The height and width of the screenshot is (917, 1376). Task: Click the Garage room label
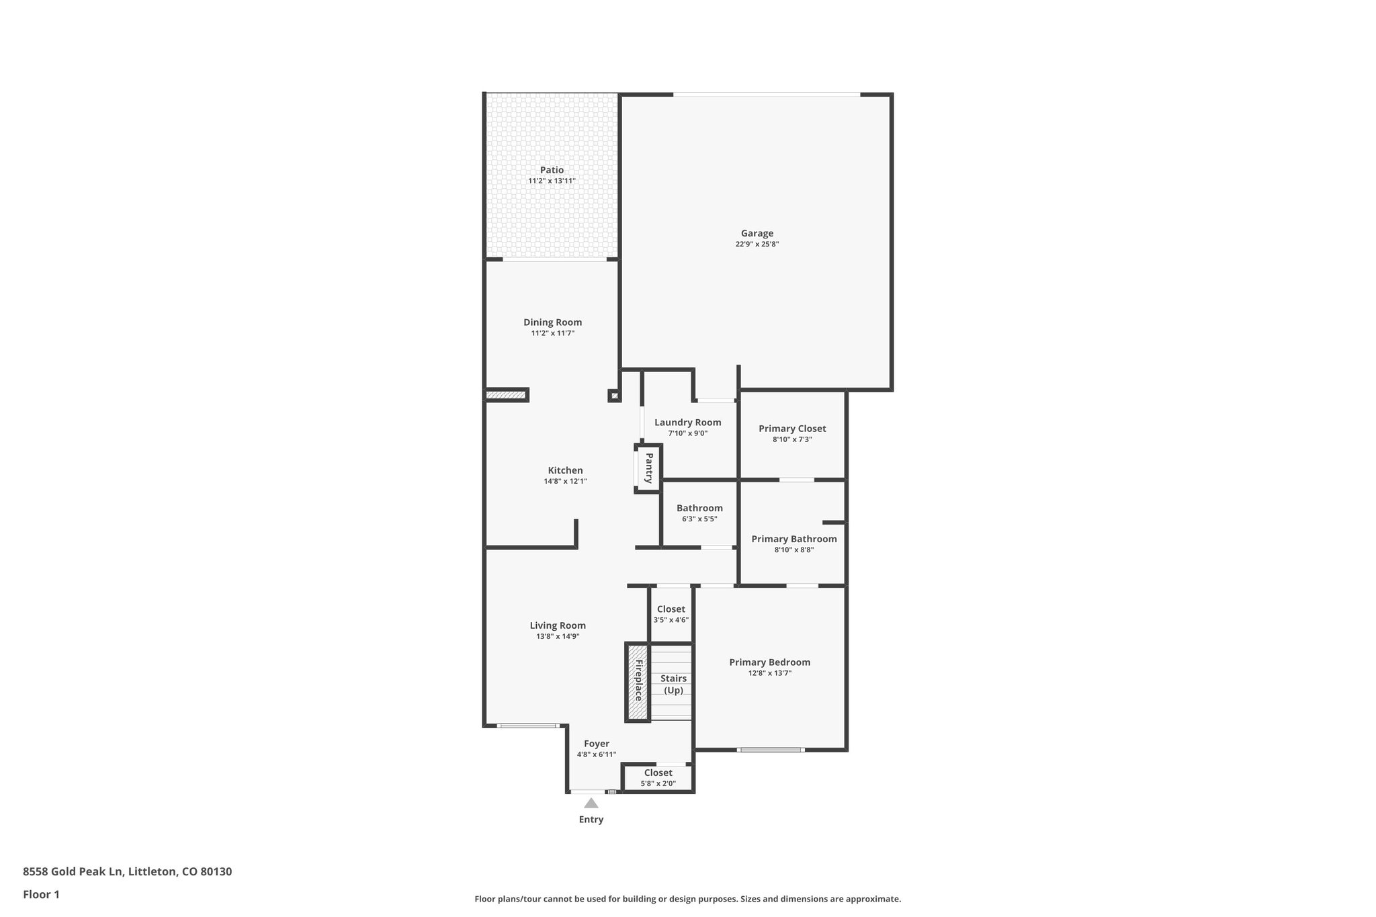[757, 234]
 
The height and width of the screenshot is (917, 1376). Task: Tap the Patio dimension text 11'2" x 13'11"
[552, 181]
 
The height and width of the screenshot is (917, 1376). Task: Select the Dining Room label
[552, 322]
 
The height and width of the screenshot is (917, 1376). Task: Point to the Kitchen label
[565, 470]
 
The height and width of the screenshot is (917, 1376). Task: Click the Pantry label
[649, 468]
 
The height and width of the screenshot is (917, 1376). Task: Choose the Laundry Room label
[687, 423]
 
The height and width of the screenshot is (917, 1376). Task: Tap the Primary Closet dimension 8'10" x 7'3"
[792, 439]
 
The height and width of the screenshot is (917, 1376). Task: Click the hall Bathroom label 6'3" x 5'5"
[699, 509]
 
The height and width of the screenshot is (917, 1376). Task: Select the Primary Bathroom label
[793, 539]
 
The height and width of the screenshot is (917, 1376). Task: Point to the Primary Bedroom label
[769, 662]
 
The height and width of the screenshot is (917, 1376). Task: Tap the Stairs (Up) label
[673, 685]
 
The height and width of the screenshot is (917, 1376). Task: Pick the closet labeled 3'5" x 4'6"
[671, 614]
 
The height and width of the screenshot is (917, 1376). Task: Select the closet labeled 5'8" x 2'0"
[658, 778]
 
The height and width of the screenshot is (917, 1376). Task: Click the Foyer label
[596, 744]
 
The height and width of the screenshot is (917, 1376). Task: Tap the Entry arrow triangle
[591, 803]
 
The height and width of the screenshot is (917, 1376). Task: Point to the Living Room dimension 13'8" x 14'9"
[558, 636]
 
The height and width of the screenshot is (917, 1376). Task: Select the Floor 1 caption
[41, 894]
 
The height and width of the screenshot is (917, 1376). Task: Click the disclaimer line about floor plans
[687, 899]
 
